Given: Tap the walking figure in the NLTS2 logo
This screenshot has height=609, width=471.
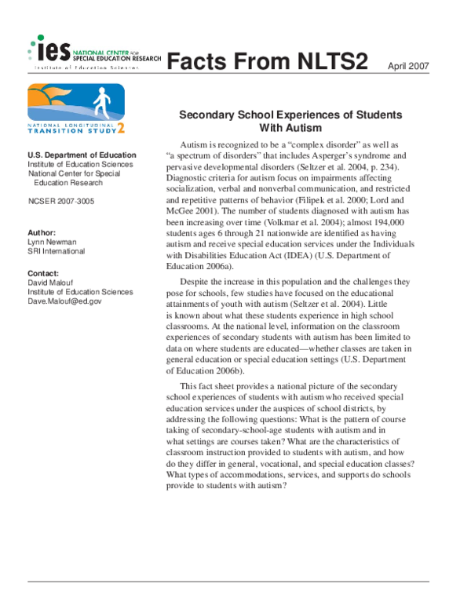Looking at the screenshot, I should click(100, 102).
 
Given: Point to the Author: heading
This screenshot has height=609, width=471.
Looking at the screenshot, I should click(42, 233).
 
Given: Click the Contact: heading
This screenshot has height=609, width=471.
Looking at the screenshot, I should click(44, 273).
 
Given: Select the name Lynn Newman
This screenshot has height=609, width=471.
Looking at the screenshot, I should click(53, 243).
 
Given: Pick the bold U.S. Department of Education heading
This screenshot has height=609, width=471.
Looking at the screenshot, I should click(82, 155).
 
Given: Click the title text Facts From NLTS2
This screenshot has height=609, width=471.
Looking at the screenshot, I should click(268, 61).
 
